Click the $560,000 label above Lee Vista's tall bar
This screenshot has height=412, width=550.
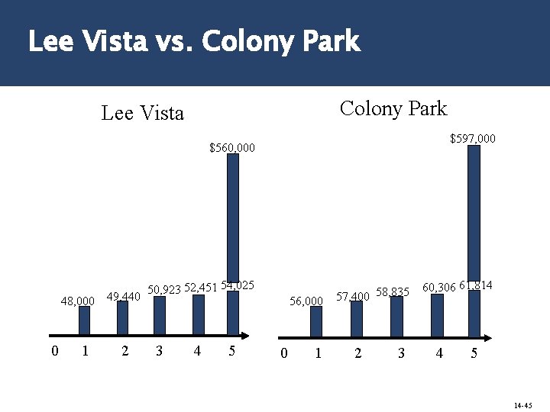(232, 147)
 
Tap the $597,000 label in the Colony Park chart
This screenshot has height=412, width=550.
(472, 139)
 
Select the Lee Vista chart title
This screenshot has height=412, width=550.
(143, 114)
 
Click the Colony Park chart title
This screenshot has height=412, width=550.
(393, 109)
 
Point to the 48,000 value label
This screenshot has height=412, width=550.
(77, 301)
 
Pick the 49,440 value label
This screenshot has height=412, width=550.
(123, 297)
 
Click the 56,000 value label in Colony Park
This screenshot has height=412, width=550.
(306, 301)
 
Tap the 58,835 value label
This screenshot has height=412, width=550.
(393, 292)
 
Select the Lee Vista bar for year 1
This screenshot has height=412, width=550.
(85, 320)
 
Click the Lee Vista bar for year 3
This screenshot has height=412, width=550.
(160, 315)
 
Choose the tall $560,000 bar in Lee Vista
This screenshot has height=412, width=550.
(233, 221)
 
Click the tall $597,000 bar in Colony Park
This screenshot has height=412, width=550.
(474, 214)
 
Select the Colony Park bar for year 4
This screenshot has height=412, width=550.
(437, 314)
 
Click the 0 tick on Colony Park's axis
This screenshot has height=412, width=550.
(283, 353)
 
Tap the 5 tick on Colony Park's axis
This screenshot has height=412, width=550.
(474, 353)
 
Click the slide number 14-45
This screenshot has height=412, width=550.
(522, 405)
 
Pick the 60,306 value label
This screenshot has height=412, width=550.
(438, 288)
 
